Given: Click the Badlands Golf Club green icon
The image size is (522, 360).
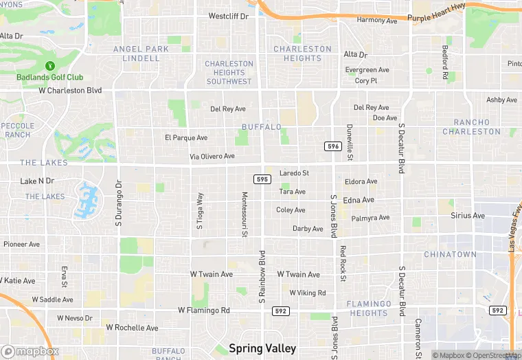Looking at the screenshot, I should (x=49, y=66).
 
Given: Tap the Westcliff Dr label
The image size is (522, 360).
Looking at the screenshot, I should (x=228, y=16).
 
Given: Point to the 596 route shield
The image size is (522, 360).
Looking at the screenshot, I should (x=333, y=146).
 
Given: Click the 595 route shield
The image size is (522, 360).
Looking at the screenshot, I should (x=261, y=179).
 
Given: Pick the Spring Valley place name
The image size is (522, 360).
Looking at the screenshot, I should (x=263, y=348).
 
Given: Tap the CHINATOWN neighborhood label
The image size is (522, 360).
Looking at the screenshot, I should (x=450, y=254).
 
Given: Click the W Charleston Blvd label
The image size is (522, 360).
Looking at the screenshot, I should (x=70, y=90).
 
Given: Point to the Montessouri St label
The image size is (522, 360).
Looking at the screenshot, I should (x=244, y=214).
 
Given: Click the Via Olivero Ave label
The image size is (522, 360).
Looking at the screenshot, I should (x=212, y=157).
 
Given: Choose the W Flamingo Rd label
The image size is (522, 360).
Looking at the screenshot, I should (x=204, y=310).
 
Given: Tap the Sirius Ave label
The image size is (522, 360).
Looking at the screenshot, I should (x=468, y=216).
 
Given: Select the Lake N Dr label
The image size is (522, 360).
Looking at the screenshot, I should (x=37, y=181).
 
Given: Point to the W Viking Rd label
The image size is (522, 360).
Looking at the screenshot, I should (x=308, y=293).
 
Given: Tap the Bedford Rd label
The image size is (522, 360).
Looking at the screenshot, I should (x=445, y=63).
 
